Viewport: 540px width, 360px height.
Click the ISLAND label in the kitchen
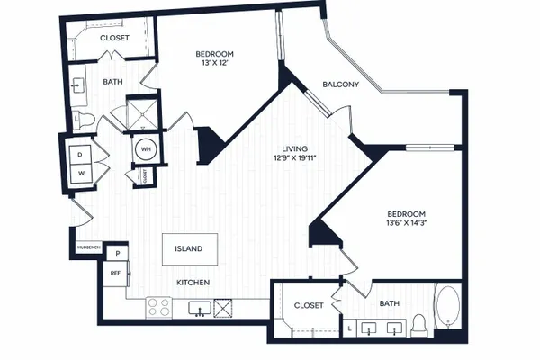(188, 248)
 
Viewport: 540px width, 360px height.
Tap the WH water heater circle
(146, 149)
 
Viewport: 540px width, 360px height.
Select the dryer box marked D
(81, 155)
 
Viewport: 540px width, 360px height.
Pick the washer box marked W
(81, 174)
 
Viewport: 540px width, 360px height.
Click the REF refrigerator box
(116, 274)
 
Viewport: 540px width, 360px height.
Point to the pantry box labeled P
(117, 254)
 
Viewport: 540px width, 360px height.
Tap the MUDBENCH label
(89, 247)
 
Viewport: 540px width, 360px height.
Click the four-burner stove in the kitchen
(158, 308)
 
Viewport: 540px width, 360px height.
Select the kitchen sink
(200, 309)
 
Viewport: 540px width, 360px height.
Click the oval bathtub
(447, 306)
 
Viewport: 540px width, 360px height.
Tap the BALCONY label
(340, 85)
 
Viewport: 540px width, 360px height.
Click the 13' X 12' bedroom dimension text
(214, 63)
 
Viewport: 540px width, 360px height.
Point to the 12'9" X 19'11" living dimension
(295, 158)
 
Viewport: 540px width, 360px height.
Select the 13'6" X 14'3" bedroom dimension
(407, 222)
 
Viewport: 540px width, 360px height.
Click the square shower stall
(142, 112)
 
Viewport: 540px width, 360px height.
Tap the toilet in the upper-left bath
(83, 119)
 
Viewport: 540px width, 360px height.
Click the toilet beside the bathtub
(419, 326)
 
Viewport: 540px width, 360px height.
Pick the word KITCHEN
(193, 283)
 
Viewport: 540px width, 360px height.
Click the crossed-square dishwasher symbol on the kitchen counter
(223, 308)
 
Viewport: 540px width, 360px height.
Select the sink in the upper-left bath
(77, 85)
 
